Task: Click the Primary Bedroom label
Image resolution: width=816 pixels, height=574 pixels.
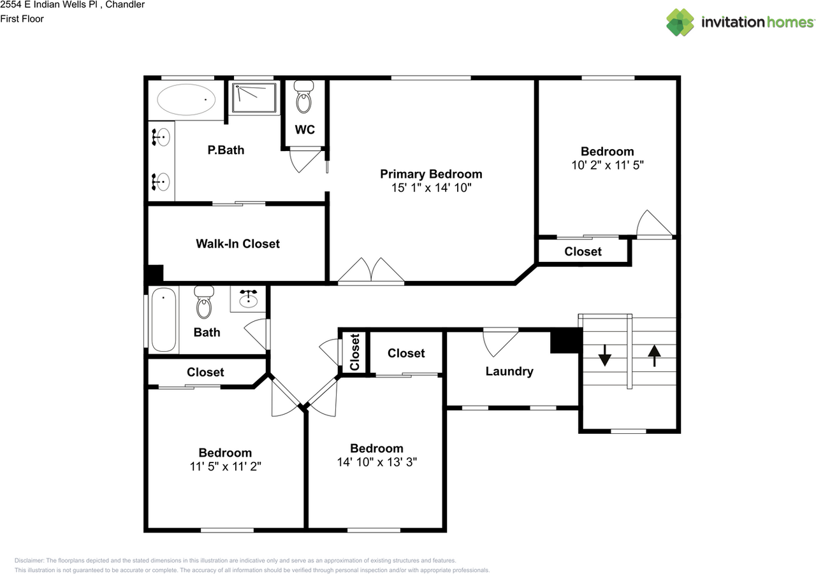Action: (431, 174)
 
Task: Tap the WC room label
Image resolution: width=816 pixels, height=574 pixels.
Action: (305, 129)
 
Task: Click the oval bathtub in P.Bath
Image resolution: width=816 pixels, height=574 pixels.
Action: (186, 100)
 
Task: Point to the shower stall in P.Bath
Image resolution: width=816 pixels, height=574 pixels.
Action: (254, 97)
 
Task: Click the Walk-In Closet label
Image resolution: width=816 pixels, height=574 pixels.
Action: (237, 243)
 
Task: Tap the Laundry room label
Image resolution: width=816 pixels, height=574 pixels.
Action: (509, 371)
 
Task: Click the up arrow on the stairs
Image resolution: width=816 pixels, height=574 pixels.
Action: (654, 355)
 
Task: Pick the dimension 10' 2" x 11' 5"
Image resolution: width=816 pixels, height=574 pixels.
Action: (607, 164)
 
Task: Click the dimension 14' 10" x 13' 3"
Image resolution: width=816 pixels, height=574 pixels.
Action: (377, 461)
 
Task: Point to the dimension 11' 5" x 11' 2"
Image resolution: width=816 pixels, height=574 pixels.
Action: (225, 466)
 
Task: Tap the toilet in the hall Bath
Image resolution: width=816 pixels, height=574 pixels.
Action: (203, 302)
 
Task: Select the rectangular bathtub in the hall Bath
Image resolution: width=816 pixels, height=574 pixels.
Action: (163, 319)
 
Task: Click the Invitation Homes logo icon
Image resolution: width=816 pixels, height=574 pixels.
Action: (680, 22)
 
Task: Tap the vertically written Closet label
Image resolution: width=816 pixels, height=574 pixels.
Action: (355, 352)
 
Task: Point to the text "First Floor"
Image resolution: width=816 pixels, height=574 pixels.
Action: (22, 18)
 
